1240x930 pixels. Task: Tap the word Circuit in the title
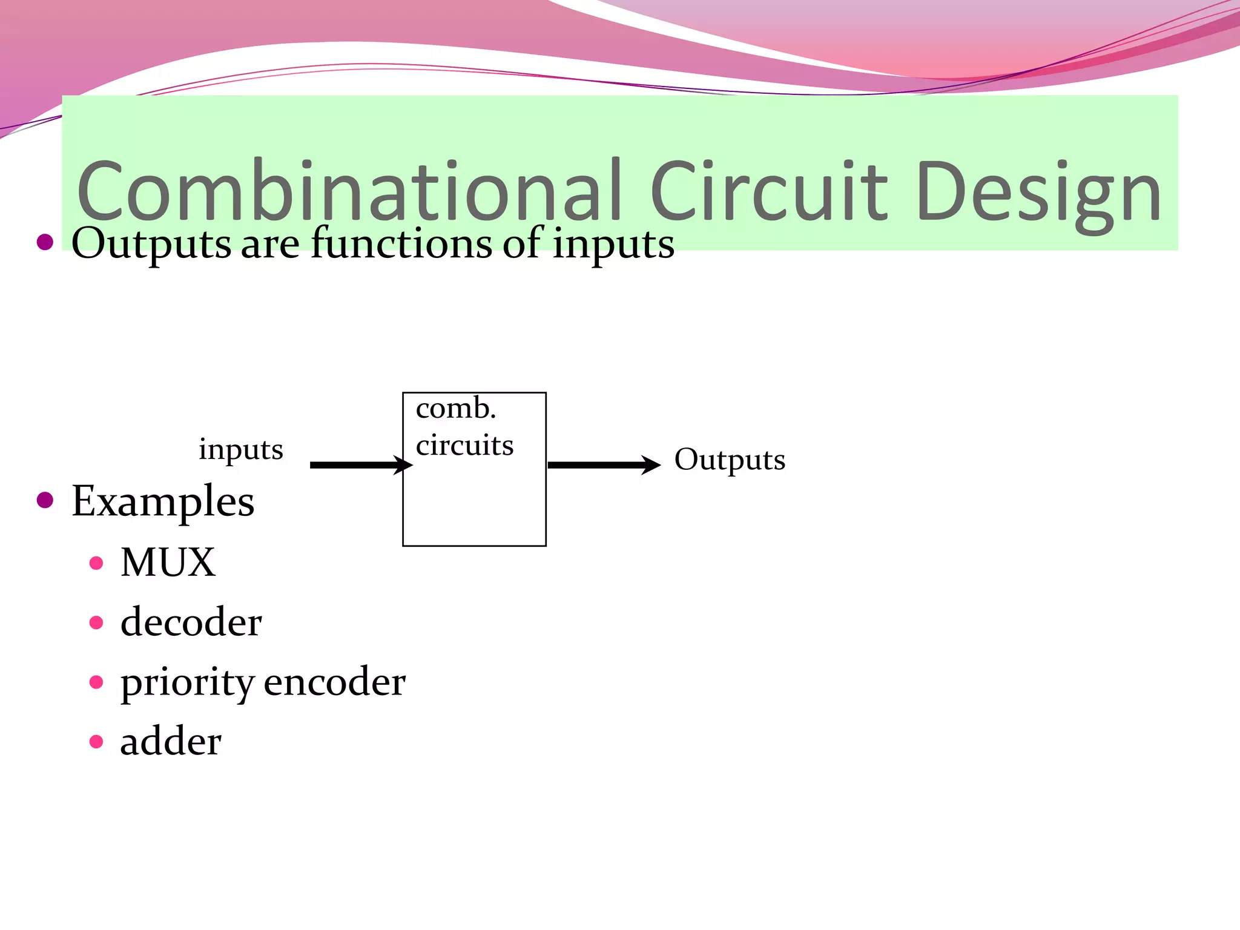(x=769, y=191)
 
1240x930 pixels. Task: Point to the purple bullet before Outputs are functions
(x=45, y=243)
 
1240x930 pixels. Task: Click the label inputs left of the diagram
(x=241, y=450)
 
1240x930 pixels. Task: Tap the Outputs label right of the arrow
(x=730, y=460)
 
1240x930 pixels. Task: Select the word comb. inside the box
(x=456, y=409)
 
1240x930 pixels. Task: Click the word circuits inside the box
(x=464, y=446)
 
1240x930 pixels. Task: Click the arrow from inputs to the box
(x=360, y=465)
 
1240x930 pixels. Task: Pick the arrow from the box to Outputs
(x=603, y=465)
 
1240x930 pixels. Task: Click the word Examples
(x=163, y=502)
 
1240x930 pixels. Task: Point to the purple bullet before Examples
(x=45, y=501)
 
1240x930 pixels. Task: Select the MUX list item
(x=168, y=562)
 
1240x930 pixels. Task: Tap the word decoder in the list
(x=191, y=622)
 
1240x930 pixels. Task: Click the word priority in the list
(x=187, y=683)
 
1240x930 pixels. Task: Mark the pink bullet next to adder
(x=96, y=742)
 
